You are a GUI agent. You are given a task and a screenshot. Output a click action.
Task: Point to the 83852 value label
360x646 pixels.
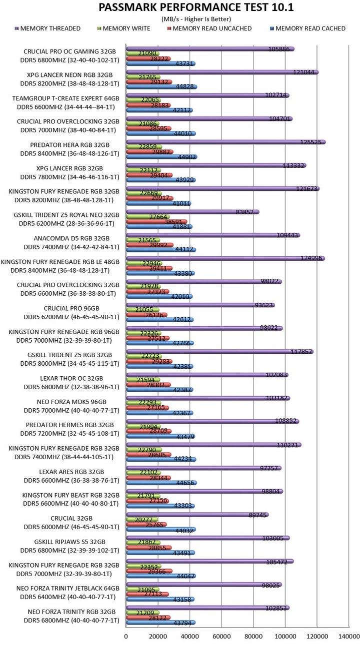tap(246, 212)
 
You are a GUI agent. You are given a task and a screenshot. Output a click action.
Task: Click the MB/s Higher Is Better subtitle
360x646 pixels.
tap(195, 19)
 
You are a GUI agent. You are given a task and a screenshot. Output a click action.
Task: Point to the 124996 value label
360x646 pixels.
tap(310, 258)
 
